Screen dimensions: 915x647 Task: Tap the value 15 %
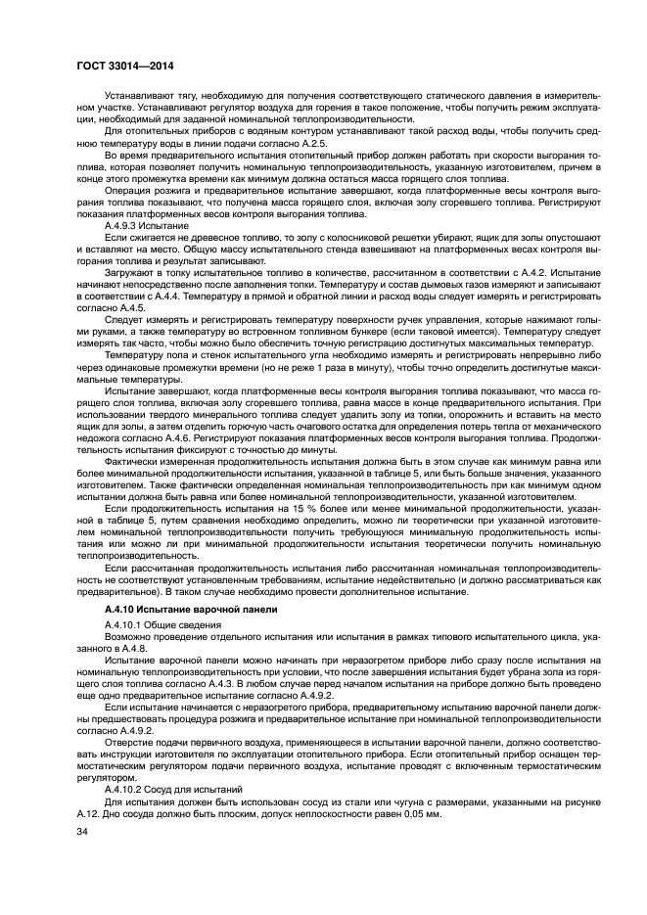[x=293, y=509]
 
